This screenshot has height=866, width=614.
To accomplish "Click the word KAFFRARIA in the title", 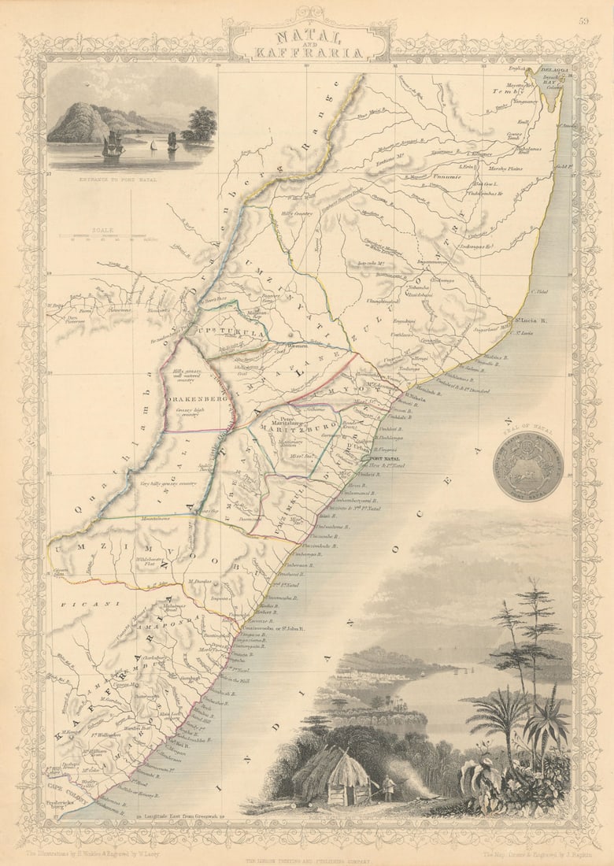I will click(x=308, y=53).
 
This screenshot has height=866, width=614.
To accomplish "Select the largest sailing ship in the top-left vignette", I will click(x=113, y=145).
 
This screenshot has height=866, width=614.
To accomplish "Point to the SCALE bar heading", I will click(x=102, y=230).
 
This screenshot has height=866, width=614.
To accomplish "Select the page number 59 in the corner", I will click(x=583, y=22).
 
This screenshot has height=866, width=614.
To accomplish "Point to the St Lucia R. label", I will click(x=531, y=320).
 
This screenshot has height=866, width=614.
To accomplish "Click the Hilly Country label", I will click(x=298, y=213).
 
